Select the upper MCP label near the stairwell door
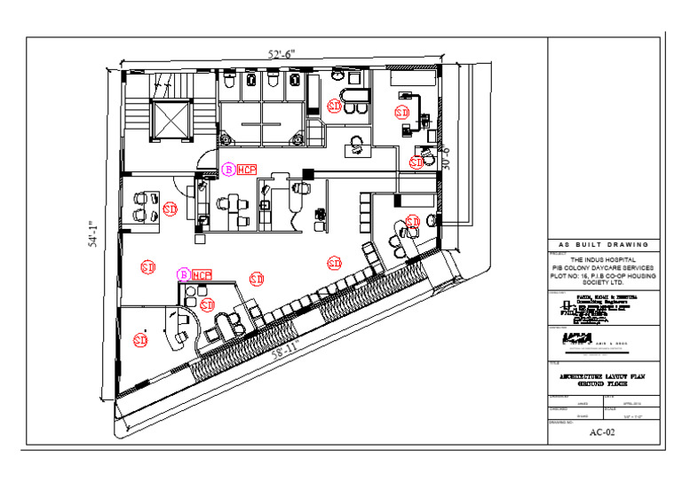(x=246, y=169)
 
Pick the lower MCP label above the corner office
(x=202, y=275)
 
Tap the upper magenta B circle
(x=228, y=169)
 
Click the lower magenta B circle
(x=184, y=275)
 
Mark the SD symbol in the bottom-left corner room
(x=139, y=339)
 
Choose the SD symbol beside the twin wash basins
(x=335, y=106)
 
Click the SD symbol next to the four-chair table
(x=170, y=209)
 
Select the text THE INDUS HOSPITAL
(x=603, y=259)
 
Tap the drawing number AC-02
(x=602, y=432)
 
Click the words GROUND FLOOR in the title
(x=603, y=385)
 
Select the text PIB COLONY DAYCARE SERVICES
(x=603, y=267)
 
